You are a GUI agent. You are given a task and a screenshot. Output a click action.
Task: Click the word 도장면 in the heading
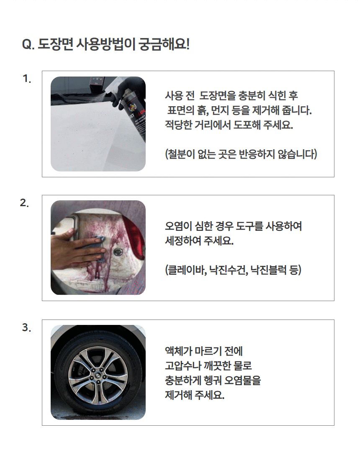55,45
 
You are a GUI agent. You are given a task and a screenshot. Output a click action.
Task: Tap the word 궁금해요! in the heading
164,45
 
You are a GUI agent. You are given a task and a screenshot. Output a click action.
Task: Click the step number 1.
27,79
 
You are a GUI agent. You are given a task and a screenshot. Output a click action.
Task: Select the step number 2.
25,203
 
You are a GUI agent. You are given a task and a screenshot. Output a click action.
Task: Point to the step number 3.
26,327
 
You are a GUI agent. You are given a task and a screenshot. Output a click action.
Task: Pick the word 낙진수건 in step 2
228,270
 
